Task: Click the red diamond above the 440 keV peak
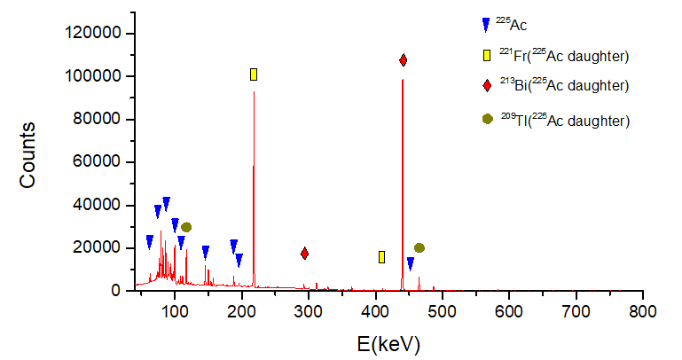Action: pyautogui.click(x=403, y=60)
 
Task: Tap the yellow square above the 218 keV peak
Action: pyautogui.click(x=254, y=74)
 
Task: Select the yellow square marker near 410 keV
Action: pyautogui.click(x=381, y=257)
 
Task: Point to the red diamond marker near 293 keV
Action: pyautogui.click(x=304, y=254)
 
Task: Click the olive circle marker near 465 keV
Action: pyautogui.click(x=419, y=248)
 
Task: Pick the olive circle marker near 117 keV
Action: pyautogui.click(x=186, y=228)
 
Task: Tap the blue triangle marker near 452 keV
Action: pyautogui.click(x=411, y=263)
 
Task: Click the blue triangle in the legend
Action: pyautogui.click(x=486, y=25)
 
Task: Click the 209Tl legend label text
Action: pyautogui.click(x=565, y=120)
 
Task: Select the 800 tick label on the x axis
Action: pyautogui.click(x=642, y=311)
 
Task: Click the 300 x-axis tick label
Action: pyautogui.click(x=309, y=311)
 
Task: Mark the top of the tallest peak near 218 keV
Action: pyautogui.click(x=254, y=92)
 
